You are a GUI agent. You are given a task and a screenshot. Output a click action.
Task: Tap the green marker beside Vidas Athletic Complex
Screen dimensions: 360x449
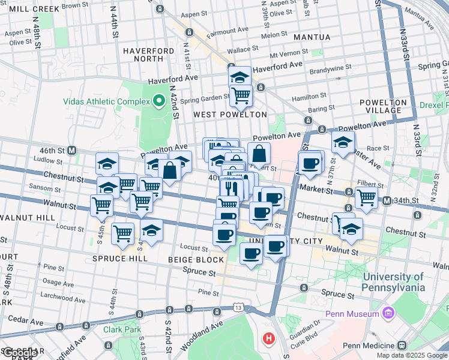(159, 101)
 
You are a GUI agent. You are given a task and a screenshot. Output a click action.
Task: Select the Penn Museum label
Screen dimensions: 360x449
(352, 314)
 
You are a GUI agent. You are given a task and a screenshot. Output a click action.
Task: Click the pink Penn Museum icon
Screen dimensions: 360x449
(388, 313)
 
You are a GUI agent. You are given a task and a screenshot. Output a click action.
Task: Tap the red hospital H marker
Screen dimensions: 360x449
(269, 339)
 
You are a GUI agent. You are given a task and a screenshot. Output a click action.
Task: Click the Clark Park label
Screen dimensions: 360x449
(121, 329)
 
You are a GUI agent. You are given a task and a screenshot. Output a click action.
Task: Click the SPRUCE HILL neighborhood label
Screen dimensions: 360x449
(120, 259)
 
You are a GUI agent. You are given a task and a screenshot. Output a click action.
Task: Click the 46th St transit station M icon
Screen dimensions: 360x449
(71, 149)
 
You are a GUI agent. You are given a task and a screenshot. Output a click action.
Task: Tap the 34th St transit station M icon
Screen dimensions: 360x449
(387, 200)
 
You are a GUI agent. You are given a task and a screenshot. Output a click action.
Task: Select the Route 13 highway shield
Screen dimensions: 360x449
(239, 308)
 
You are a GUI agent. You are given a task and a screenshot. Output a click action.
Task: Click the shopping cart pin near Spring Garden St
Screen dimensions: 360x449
(241, 95)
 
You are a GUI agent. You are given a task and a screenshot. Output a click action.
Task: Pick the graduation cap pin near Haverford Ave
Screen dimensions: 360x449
(240, 76)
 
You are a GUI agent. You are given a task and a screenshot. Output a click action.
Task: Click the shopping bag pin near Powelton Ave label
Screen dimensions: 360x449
(259, 152)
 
